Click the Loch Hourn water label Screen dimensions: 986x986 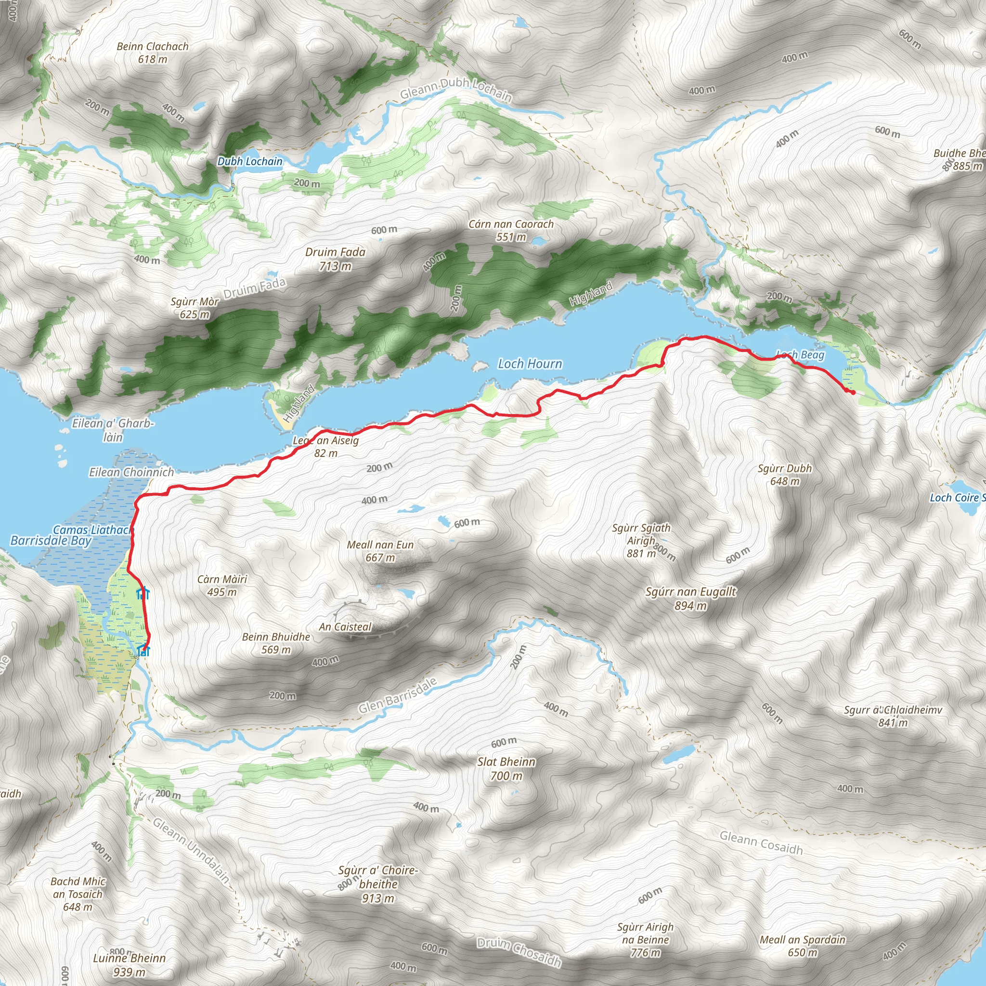pyautogui.click(x=530, y=364)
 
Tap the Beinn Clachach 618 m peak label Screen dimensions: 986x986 pyautogui.click(x=153, y=52)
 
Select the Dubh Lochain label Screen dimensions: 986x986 pyautogui.click(x=249, y=162)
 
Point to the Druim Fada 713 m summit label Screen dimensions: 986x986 pyautogui.click(x=335, y=259)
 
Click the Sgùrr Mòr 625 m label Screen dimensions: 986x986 pyautogui.click(x=195, y=308)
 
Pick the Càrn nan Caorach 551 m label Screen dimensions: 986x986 pyautogui.click(x=511, y=230)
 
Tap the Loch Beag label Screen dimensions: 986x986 pyautogui.click(x=800, y=355)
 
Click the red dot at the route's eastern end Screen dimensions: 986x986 pyautogui.click(x=852, y=392)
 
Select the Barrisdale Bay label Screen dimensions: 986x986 pyautogui.click(x=51, y=541)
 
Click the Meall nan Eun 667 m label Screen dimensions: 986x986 pyautogui.click(x=380, y=551)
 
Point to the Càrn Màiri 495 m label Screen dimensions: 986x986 pyautogui.click(x=222, y=585)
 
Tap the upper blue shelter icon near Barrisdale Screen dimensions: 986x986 pyautogui.click(x=143, y=593)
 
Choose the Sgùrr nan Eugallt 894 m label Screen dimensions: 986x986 pyautogui.click(x=690, y=598)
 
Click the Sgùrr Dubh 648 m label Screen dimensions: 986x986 pyautogui.click(x=784, y=474)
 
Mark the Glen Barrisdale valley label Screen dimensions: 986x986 pyautogui.click(x=398, y=696)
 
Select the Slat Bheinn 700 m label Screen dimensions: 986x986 pyautogui.click(x=506, y=768)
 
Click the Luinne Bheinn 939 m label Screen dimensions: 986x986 pyautogui.click(x=129, y=964)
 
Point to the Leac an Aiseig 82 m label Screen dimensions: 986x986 pyautogui.click(x=325, y=447)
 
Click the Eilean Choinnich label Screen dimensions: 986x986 pyautogui.click(x=131, y=472)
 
